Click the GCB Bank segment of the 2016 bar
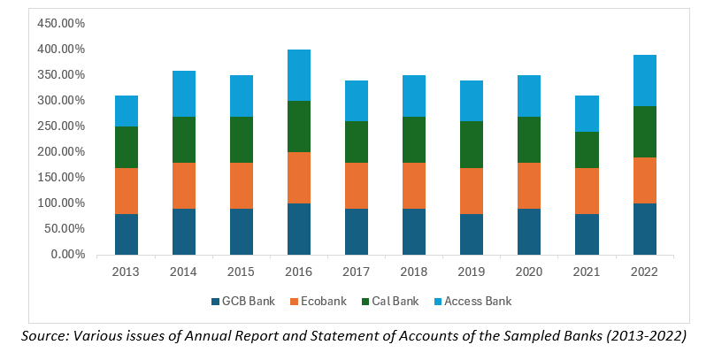pyautogui.click(x=298, y=229)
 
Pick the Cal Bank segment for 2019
pyautogui.click(x=471, y=144)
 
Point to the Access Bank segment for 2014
pyautogui.click(x=183, y=94)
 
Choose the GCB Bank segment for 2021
pyautogui.click(x=586, y=234)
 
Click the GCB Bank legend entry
pyautogui.click(x=242, y=302)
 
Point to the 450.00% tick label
pyautogui.click(x=60, y=23)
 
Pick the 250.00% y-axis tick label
pyautogui.click(x=60, y=126)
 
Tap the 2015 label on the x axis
pyautogui.click(x=241, y=270)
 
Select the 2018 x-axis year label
pyautogui.click(x=413, y=270)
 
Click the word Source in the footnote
pyautogui.click(x=46, y=336)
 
